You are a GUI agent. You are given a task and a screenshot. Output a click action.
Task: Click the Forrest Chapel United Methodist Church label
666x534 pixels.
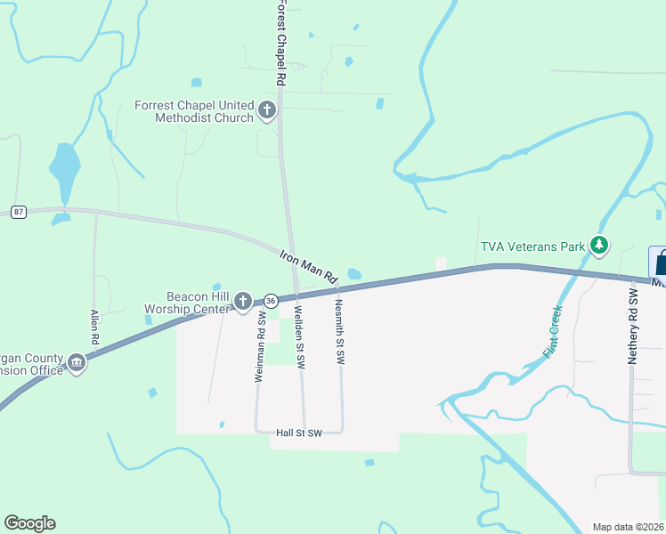pos(194,111)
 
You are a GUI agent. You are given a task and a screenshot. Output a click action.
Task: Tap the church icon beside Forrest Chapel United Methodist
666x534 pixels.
pos(267,111)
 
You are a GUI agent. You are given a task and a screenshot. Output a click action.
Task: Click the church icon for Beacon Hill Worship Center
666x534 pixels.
pos(242,303)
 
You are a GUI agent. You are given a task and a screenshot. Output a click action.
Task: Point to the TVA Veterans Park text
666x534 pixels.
pos(532,247)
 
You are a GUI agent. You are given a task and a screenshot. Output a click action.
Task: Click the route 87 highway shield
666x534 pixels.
pos(20,212)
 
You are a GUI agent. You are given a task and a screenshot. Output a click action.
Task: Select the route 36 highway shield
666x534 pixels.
pos(270,302)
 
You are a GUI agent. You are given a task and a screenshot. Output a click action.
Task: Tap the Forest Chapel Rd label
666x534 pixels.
pos(280,43)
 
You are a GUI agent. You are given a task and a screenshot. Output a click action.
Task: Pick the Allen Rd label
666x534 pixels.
pos(93,328)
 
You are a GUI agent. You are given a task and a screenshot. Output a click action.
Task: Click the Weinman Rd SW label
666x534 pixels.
pos(261,346)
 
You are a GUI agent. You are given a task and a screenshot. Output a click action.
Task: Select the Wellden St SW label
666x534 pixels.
pos(300,337)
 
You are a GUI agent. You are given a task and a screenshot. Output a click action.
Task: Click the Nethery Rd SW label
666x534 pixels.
pos(634,326)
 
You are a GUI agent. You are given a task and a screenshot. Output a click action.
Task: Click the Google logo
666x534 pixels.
pos(29,523)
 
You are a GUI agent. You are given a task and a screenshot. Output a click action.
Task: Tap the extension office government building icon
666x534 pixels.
pos(77,362)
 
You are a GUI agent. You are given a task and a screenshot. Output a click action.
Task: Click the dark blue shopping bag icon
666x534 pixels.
pos(660,263)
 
